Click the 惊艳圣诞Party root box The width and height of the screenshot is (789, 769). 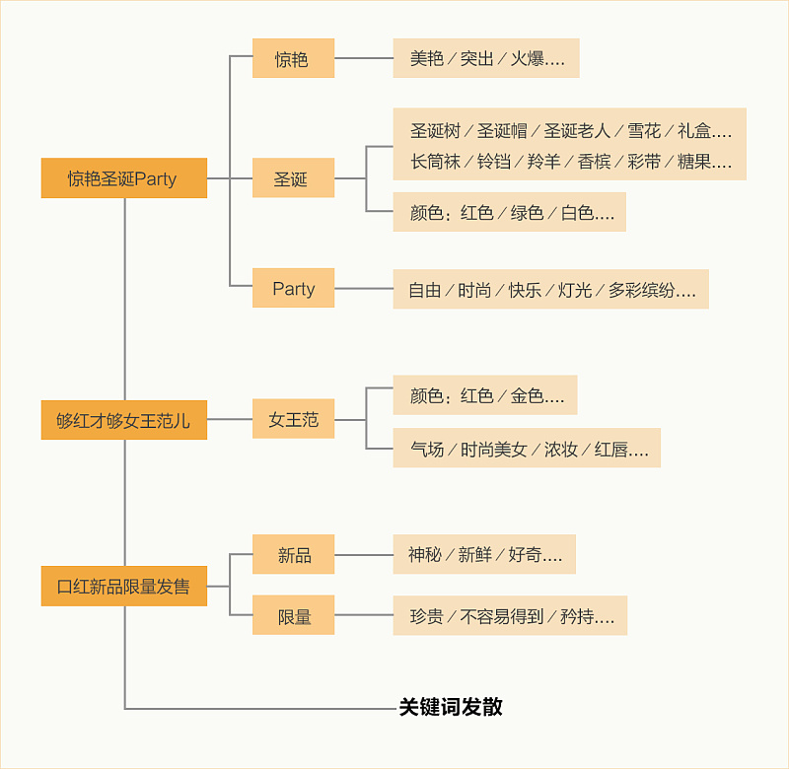123,178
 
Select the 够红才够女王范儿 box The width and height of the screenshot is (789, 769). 123,420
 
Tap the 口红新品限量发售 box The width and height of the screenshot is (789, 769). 123,587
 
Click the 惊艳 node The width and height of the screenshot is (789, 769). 293,59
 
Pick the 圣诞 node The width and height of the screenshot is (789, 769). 293,178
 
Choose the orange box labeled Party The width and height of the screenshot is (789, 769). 293,288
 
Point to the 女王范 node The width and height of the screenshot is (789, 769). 293,420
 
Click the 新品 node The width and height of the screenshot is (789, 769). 293,555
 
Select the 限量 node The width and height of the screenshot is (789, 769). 293,616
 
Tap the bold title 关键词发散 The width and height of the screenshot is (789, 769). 451,707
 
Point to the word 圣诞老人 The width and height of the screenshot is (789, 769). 578,130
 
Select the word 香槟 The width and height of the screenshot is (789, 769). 594,161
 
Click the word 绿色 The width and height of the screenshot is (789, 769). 526,212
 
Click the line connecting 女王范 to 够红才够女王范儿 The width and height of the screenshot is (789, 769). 230,420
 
